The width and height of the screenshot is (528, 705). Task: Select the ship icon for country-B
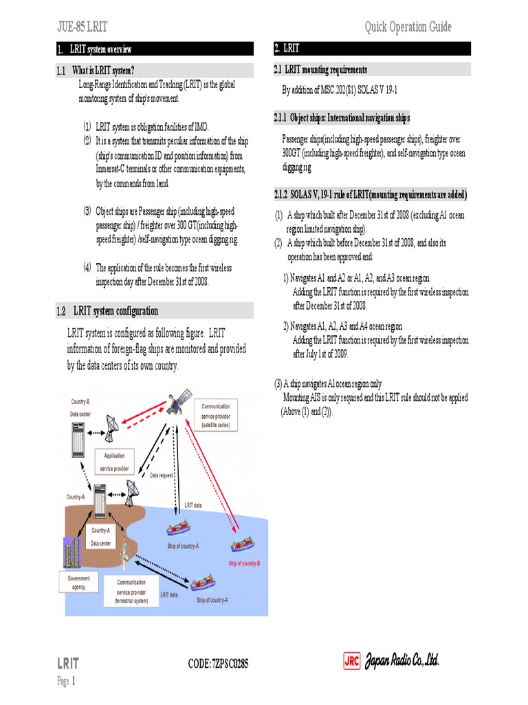point(242,544)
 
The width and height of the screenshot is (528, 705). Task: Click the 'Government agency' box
point(78,582)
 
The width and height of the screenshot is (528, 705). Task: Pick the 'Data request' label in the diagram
point(163,476)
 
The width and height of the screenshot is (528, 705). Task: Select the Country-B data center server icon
point(80,439)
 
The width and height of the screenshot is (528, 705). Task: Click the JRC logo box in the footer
point(352,661)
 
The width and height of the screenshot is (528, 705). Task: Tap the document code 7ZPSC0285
point(218,664)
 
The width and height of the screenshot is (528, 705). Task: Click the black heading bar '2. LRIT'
point(372,48)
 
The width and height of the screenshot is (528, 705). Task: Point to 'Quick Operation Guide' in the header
point(408,27)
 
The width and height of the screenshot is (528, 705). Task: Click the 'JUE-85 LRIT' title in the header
point(82,27)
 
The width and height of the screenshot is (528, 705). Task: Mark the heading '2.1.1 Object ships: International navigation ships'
point(342,118)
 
